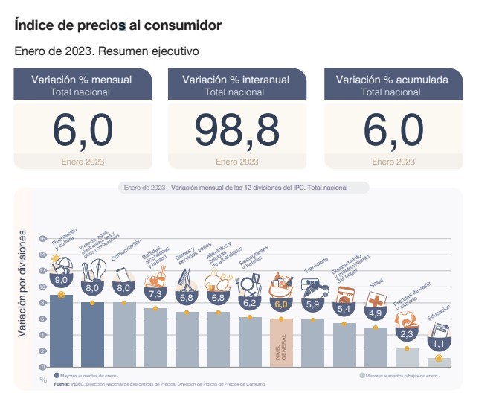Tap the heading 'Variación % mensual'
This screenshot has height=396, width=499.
[x=82, y=79]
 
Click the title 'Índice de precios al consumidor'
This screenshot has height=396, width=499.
[x=117, y=25]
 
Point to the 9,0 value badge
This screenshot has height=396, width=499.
[x=61, y=281]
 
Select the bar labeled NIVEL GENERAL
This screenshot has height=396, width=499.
[x=281, y=342]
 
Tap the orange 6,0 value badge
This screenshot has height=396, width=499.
[x=281, y=304]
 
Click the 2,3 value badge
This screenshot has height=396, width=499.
[x=407, y=335]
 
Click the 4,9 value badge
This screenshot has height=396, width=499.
[x=376, y=313]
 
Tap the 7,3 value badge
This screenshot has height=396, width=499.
[x=156, y=294]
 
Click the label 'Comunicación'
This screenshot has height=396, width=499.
[x=126, y=256]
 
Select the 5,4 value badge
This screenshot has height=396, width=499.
[x=344, y=309]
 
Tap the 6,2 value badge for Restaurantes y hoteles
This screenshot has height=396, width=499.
[x=249, y=303]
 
